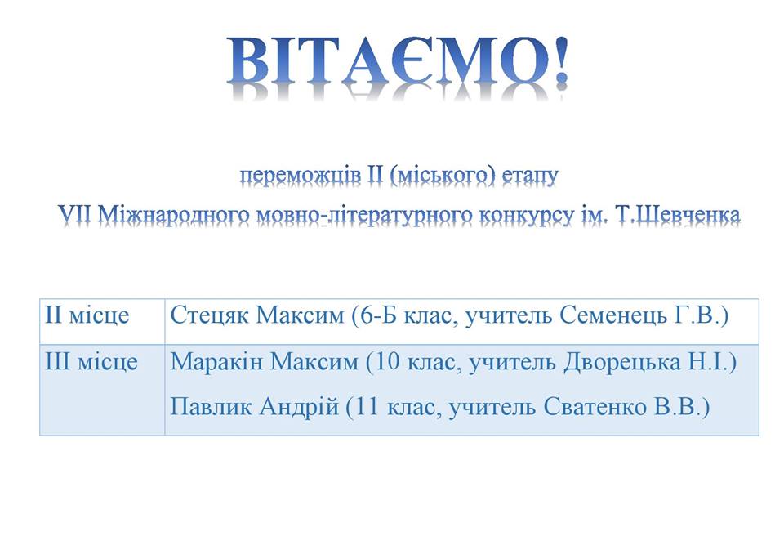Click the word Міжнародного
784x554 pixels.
173,215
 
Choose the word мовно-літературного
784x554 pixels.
364,216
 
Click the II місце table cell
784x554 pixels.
102,321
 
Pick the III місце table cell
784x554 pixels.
102,389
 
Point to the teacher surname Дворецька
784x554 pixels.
622,362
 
